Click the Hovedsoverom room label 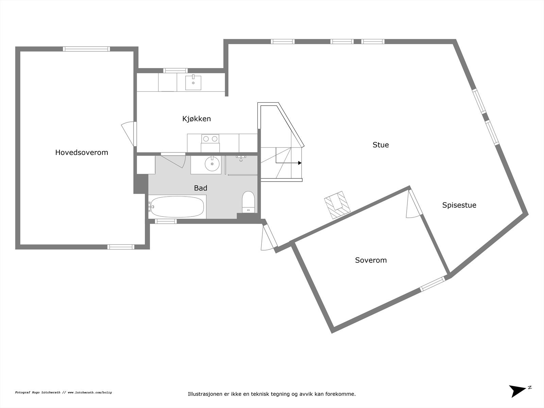click(82, 152)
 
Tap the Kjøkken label click(197, 119)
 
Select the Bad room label click(201, 188)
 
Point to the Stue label click(380, 145)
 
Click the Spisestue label click(459, 205)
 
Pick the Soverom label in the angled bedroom click(371, 260)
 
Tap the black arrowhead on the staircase click(300, 163)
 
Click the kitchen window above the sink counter click(175, 71)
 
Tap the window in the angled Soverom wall click(432, 284)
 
